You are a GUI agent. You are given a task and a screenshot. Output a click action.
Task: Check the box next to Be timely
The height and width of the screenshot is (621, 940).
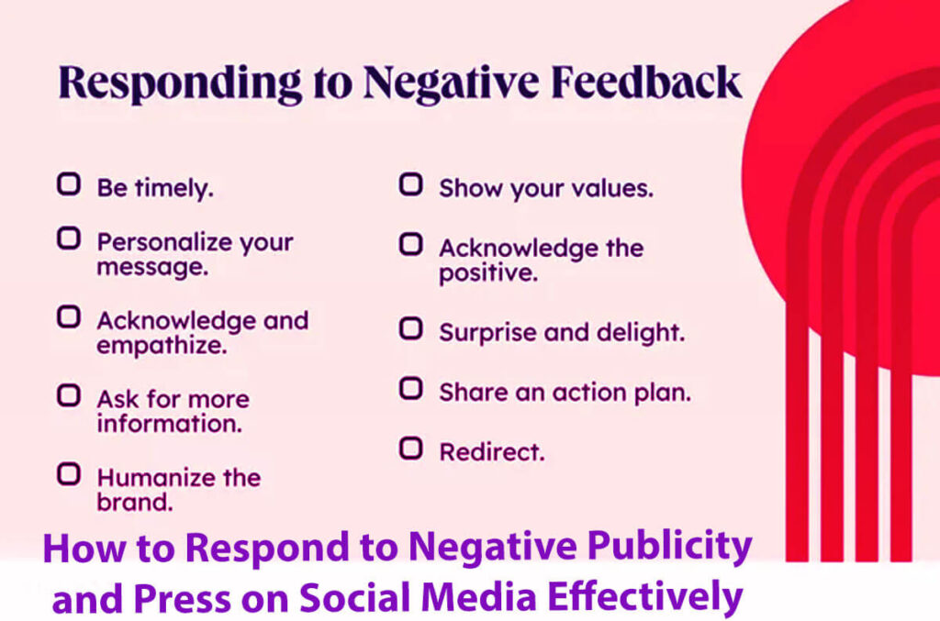(x=68, y=184)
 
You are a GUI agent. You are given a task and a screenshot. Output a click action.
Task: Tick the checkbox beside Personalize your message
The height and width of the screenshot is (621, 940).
(x=68, y=239)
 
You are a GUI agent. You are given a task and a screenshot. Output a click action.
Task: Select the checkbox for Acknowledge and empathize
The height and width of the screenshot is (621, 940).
(x=68, y=317)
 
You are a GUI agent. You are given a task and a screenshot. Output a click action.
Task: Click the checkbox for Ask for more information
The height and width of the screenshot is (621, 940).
(x=68, y=395)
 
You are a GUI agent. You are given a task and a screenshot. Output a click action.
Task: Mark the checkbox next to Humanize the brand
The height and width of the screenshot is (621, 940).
(x=68, y=474)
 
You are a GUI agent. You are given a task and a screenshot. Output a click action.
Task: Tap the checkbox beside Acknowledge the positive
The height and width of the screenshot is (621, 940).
(x=410, y=245)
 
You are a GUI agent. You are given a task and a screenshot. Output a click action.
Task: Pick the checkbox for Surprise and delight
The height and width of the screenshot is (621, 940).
(x=410, y=327)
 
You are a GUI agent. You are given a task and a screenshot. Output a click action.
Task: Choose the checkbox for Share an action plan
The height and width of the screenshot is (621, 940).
(x=410, y=388)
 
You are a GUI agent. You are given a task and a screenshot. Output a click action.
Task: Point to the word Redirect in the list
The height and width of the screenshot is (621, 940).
(x=491, y=451)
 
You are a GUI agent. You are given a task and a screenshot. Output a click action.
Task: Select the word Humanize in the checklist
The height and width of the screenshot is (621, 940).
(x=151, y=478)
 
